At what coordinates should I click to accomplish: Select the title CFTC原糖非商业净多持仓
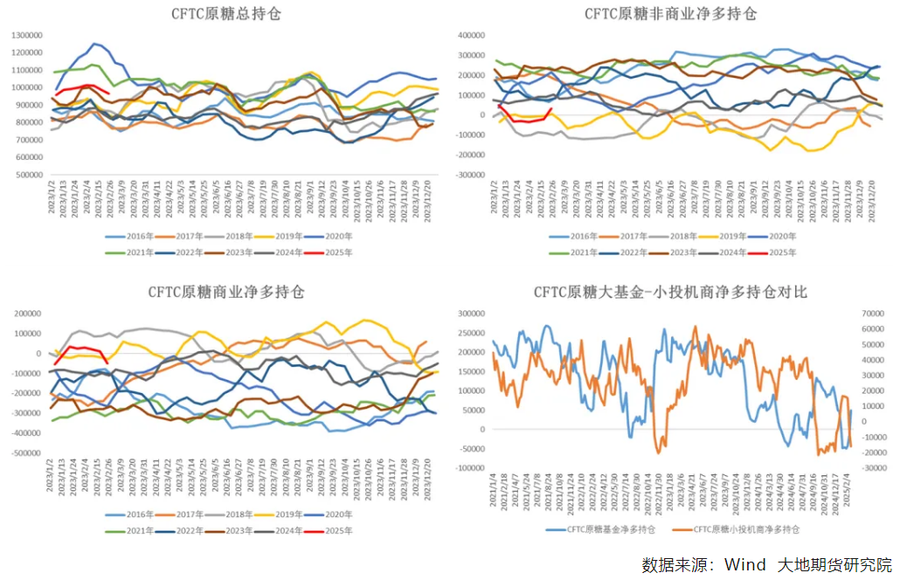click(671, 14)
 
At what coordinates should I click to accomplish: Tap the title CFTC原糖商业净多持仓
click(225, 293)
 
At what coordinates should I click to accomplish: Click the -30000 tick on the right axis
click(874, 468)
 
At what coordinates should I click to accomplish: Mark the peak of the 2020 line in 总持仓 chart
click(95, 44)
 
